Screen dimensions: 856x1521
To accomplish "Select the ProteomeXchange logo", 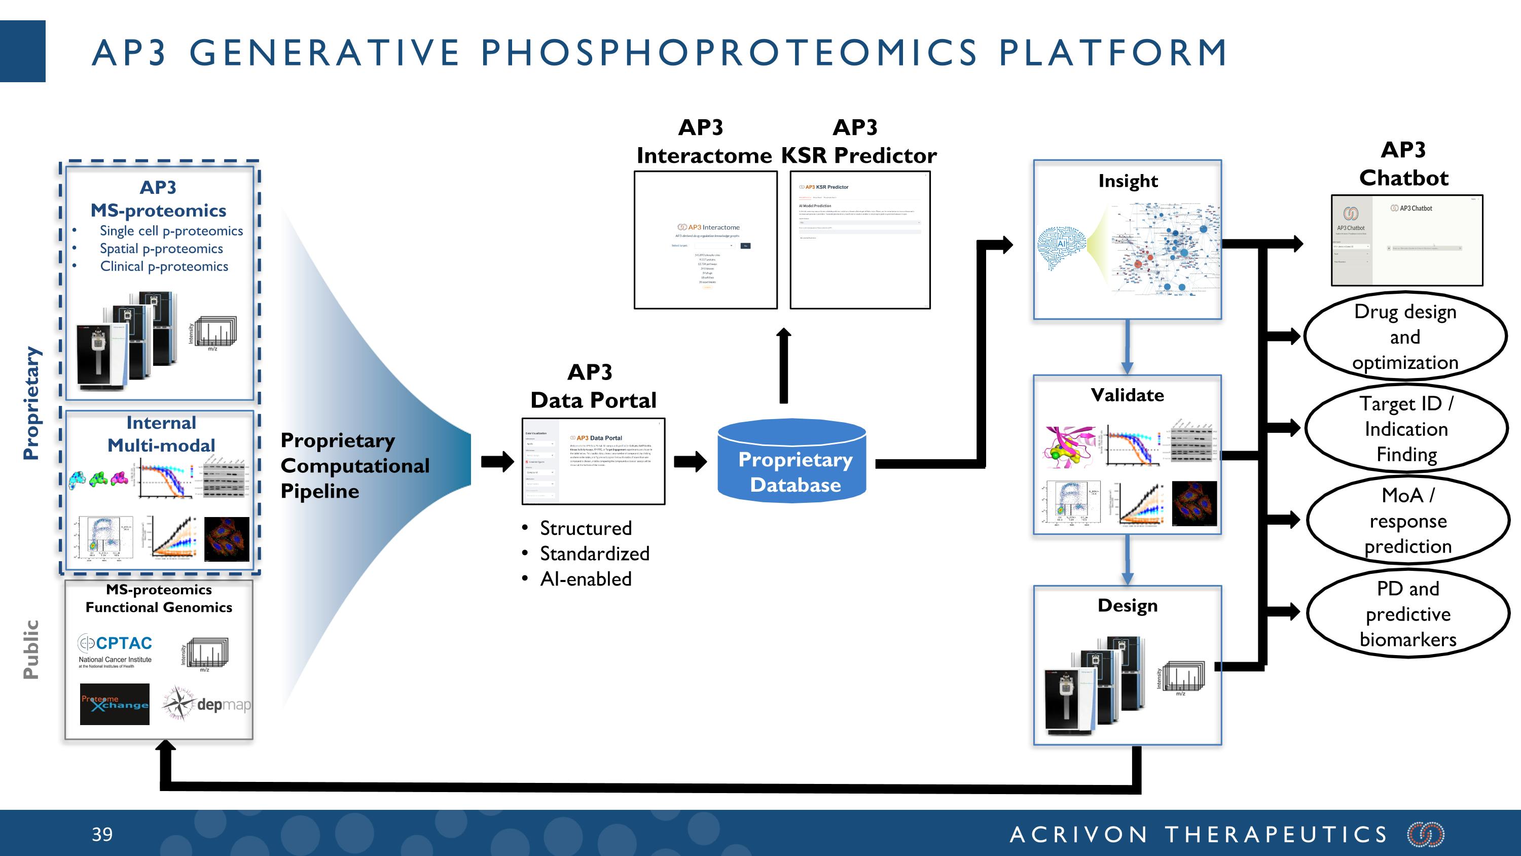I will click(115, 704).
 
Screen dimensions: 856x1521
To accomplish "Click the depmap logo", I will click(207, 704).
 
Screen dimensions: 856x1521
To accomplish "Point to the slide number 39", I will click(102, 834).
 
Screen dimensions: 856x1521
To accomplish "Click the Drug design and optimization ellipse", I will click(1405, 337).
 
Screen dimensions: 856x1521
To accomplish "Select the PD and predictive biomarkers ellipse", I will click(1407, 614).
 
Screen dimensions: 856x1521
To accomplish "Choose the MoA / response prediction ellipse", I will click(1407, 521).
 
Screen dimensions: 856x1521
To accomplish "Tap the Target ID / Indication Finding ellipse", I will click(1406, 429).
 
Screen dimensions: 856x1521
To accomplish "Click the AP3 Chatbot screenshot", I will click(1406, 241).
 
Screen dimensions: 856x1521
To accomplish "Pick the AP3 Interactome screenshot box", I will click(706, 240).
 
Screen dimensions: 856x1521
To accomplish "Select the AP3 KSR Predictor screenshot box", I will click(860, 240).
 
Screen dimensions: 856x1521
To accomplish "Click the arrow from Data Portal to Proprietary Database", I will click(690, 461).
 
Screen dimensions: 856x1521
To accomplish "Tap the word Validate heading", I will click(1127, 395).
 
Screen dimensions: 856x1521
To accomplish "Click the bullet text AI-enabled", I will click(585, 579).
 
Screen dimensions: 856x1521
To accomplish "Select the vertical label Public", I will click(31, 649).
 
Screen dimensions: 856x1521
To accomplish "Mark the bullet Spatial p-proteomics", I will click(161, 249).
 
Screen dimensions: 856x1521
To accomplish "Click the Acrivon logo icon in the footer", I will click(1425, 834).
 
